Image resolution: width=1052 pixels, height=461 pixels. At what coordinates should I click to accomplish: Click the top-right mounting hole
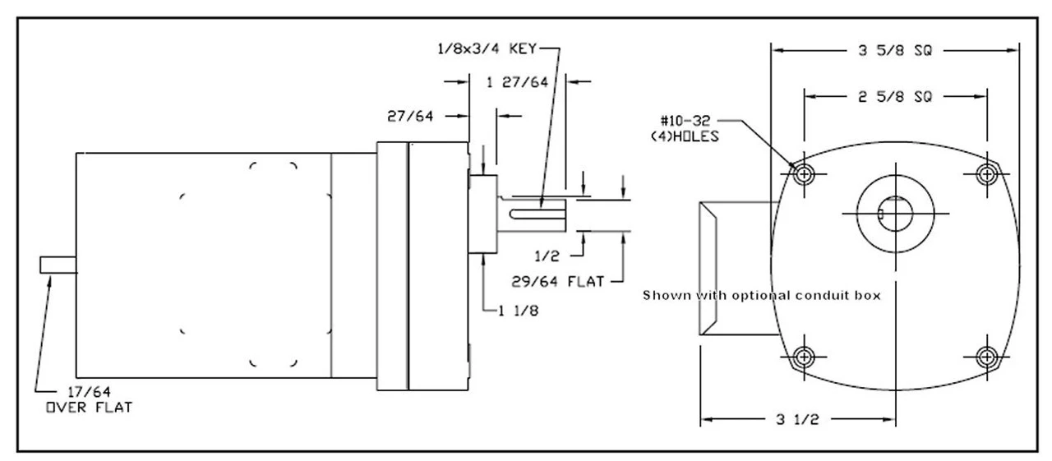click(x=986, y=173)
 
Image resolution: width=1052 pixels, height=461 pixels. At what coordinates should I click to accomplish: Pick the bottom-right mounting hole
click(x=986, y=357)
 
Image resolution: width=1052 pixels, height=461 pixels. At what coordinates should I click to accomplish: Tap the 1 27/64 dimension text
click(x=518, y=82)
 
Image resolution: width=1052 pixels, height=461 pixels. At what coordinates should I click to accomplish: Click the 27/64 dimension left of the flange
click(x=410, y=117)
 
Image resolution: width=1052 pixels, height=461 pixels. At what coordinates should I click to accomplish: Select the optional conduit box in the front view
click(x=733, y=268)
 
